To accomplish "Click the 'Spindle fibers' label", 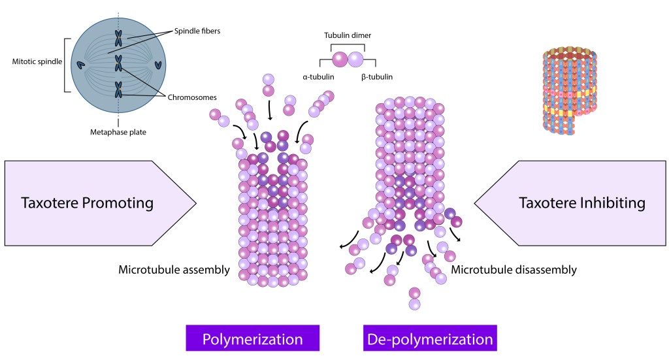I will [x=197, y=30].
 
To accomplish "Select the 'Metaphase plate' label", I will [x=118, y=132].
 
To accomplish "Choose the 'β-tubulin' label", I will [x=377, y=77].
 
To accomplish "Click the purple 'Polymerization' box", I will [x=252, y=340].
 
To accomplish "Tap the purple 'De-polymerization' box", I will [x=429, y=340].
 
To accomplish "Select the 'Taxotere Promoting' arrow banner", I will [x=98, y=203].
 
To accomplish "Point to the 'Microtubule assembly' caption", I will [x=174, y=270].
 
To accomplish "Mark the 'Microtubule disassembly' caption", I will [x=514, y=269].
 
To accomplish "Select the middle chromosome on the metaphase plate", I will [x=118, y=63].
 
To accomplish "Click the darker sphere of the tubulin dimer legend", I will [x=340, y=60].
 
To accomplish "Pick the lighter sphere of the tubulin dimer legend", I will [x=355, y=60].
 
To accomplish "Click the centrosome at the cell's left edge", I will [x=81, y=65].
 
